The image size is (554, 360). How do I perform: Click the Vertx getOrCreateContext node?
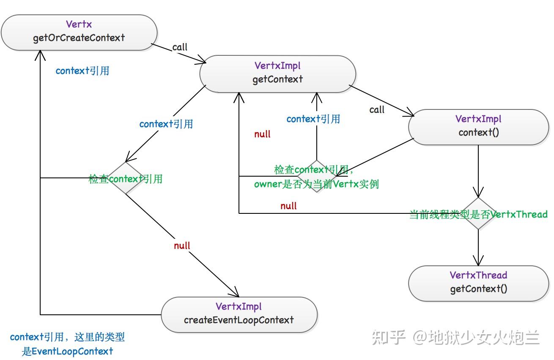coord(79,32)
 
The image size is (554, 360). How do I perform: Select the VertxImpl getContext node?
coord(278,74)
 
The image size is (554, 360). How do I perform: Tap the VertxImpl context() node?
coord(479,127)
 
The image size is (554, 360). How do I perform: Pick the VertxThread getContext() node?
coord(479,283)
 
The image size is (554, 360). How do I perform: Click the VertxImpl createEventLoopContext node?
coord(239,314)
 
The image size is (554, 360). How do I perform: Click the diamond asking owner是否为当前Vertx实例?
coord(317,176)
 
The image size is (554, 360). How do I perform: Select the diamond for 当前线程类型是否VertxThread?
coord(478,214)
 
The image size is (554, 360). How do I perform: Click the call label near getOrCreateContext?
coord(180,47)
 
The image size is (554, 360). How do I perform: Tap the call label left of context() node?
coord(377,109)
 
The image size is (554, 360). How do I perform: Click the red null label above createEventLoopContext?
coord(182,245)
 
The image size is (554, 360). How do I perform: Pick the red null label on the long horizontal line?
coord(288,206)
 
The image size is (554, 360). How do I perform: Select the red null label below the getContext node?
coord(262,134)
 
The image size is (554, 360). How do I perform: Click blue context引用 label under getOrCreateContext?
coord(82,71)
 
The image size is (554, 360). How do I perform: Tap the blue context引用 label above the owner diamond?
coord(313,119)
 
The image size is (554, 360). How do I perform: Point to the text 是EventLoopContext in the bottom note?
coord(68,351)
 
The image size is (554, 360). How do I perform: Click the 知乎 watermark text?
coord(389,337)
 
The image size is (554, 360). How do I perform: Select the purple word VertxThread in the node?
coord(478,275)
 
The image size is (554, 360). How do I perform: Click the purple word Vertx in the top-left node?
coord(79,25)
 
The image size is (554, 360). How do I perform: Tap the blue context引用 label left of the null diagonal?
coord(166,124)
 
